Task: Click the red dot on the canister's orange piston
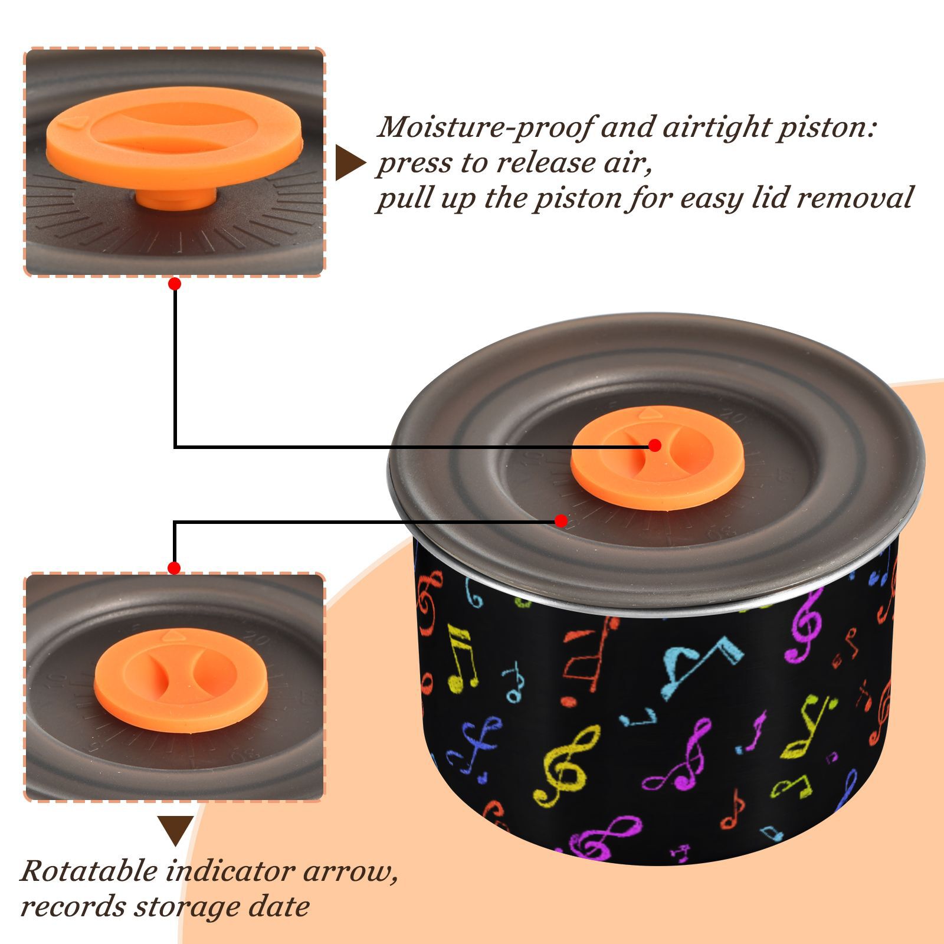click(654, 445)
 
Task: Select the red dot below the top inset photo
click(174, 284)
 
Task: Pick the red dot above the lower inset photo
click(174, 568)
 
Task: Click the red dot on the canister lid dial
click(561, 521)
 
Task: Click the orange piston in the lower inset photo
click(181, 680)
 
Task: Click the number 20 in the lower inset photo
click(258, 640)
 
